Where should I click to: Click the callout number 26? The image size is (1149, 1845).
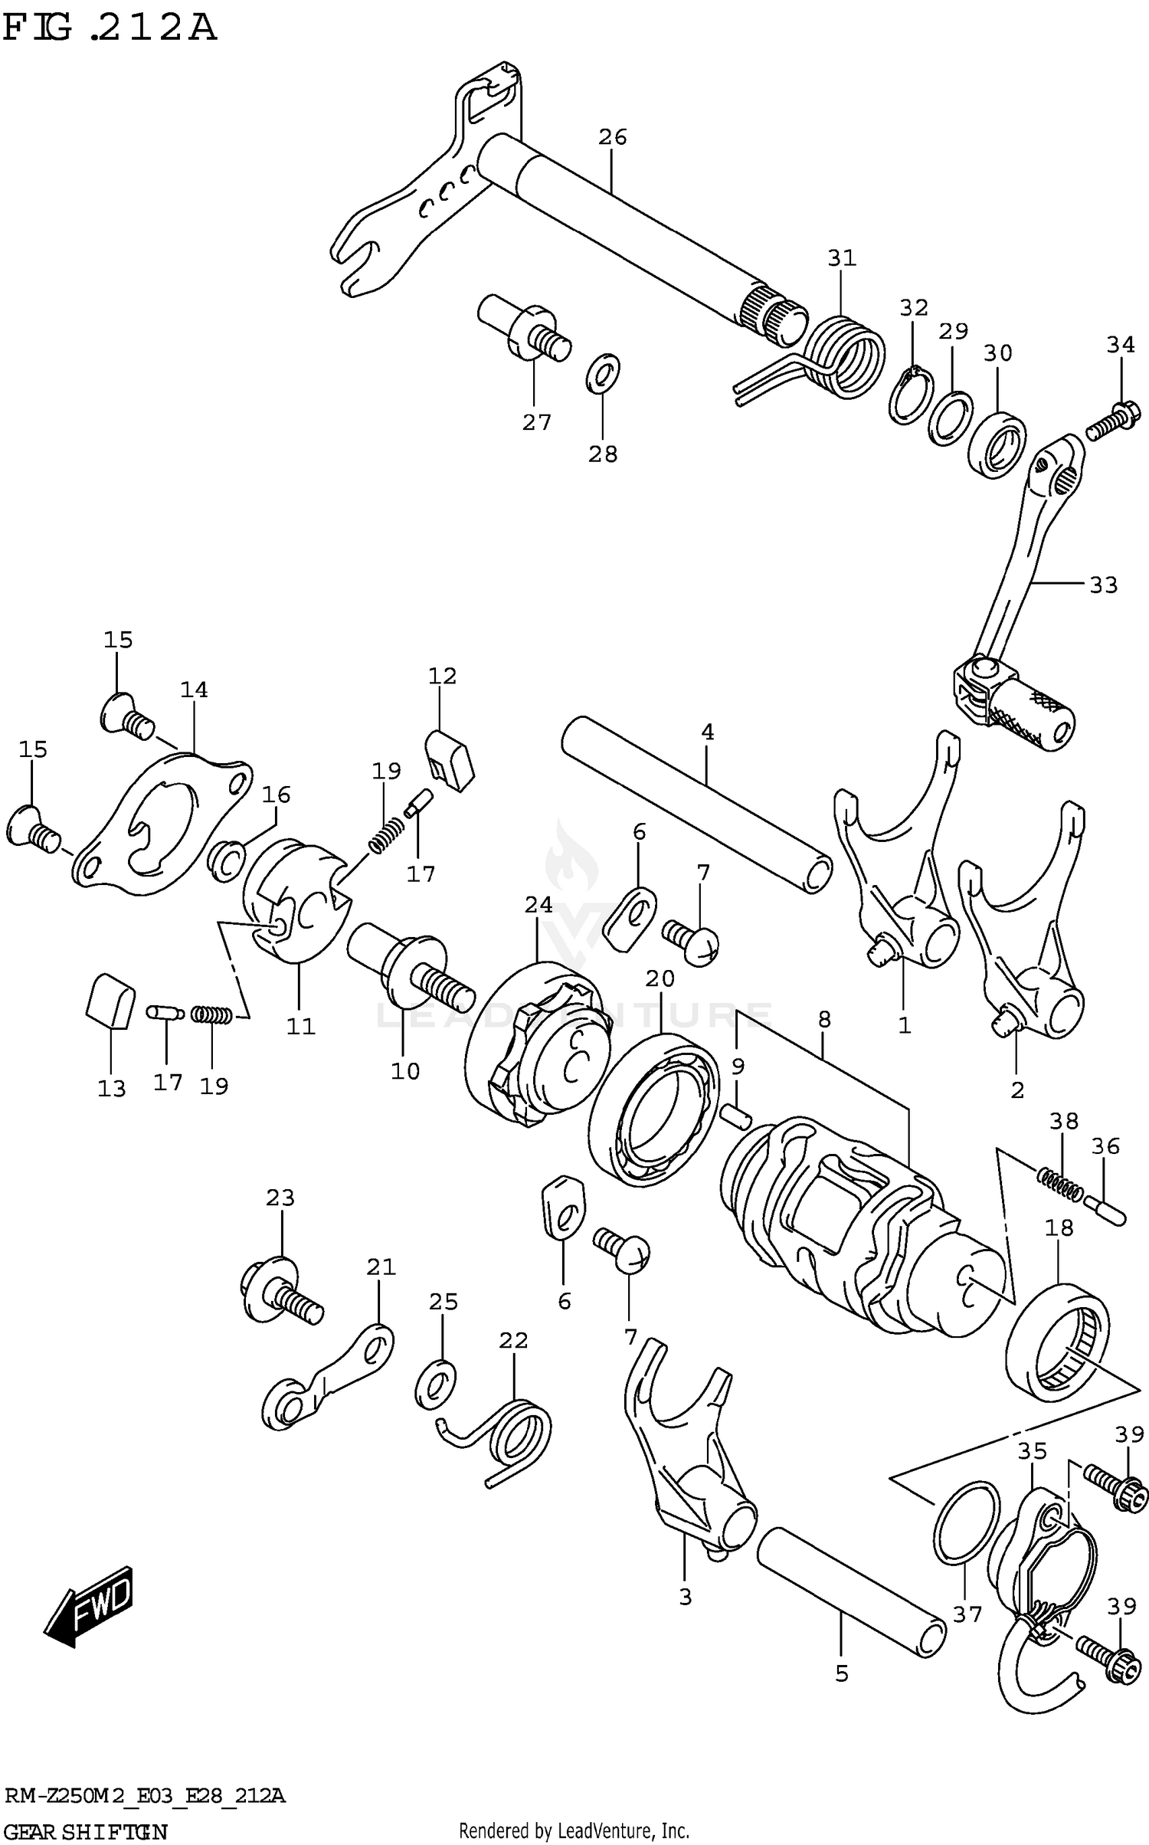pyautogui.click(x=612, y=138)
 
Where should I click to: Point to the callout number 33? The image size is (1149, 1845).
pyautogui.click(x=1103, y=585)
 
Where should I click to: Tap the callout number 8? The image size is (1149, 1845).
pyautogui.click(x=823, y=1020)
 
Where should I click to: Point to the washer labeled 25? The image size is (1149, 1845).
pyautogui.click(x=435, y=1384)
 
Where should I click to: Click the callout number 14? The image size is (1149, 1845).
pyautogui.click(x=194, y=690)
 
